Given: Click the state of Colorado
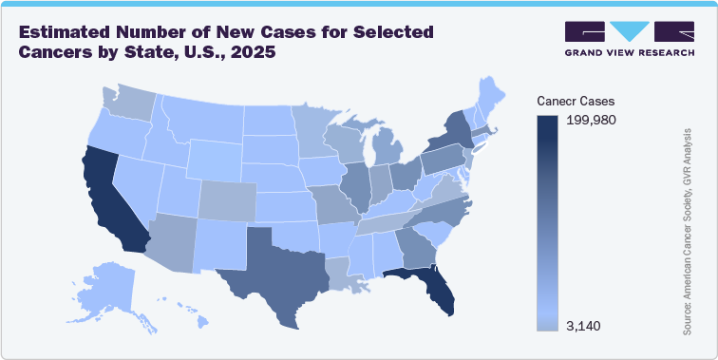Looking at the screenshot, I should tap(228, 195).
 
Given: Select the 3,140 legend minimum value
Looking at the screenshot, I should tap(585, 326).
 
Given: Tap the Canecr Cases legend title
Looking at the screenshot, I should tap(575, 100).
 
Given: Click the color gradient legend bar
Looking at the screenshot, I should tap(547, 223).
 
